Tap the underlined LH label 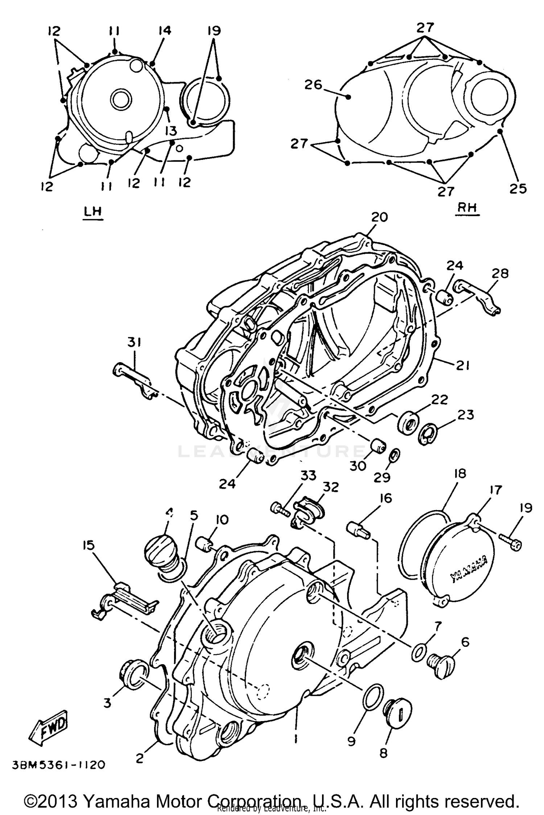pyautogui.click(x=93, y=212)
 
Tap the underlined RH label pyautogui.click(x=467, y=208)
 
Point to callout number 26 pyautogui.click(x=313, y=85)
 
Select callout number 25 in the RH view pyautogui.click(x=518, y=188)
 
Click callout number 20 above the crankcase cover pyautogui.click(x=379, y=217)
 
